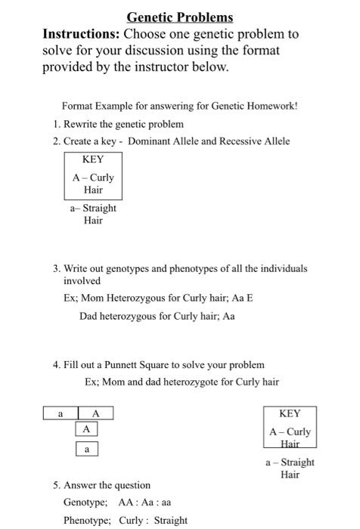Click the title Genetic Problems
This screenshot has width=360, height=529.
pos(180,17)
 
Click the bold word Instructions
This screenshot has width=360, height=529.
pos(81,35)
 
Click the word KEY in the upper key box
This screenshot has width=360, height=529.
pos(93,159)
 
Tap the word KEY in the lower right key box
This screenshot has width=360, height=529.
pos(290,413)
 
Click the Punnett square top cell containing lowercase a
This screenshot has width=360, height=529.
pos(61,413)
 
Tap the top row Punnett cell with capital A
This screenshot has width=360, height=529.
pos(96,413)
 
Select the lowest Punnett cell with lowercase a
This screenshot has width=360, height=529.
pos(87,449)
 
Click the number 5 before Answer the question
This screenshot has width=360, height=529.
pos(56,485)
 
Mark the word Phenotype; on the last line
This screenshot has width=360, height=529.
pos(88,520)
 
